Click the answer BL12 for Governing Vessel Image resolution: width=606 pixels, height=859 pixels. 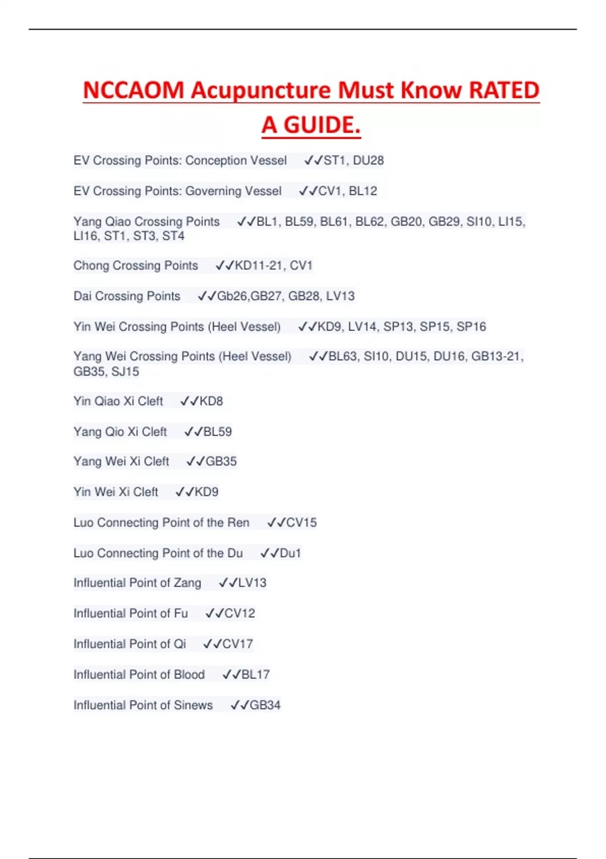point(363,191)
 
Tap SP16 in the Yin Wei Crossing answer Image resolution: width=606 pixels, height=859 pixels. point(471,327)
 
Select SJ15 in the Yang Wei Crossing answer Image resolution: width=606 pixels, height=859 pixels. point(125,372)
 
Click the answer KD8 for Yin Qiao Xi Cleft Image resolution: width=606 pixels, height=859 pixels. point(211,401)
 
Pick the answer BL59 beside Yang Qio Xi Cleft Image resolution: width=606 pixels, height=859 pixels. point(217,432)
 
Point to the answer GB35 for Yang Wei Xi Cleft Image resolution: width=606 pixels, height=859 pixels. point(221,461)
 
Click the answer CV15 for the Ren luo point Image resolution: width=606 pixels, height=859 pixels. point(301,522)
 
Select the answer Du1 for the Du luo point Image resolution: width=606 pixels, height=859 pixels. point(290,553)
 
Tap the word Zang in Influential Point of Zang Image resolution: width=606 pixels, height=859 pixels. point(187,583)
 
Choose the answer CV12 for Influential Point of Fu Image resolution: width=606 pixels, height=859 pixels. point(239,613)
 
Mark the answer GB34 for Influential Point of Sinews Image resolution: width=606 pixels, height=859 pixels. point(265,705)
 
